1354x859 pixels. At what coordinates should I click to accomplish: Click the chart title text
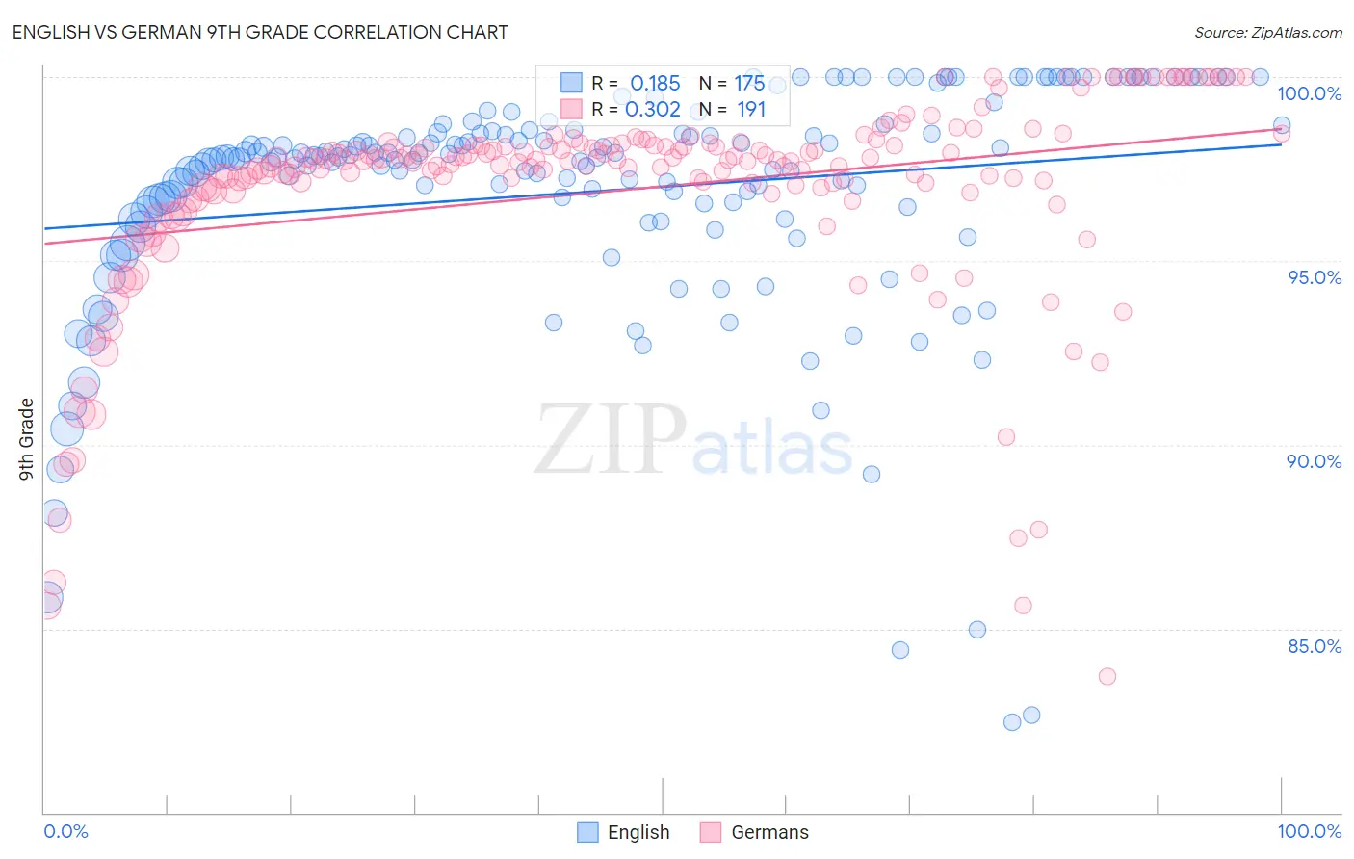pyautogui.click(x=260, y=32)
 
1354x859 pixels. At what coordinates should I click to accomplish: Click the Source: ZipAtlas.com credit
pyautogui.click(x=1267, y=33)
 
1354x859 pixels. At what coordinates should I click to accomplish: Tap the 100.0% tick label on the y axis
pyautogui.click(x=1309, y=93)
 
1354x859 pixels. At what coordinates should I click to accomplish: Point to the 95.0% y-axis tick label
pyautogui.click(x=1315, y=277)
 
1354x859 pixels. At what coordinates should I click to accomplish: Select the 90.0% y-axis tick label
pyautogui.click(x=1314, y=461)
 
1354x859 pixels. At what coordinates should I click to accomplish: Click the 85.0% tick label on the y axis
pyautogui.click(x=1314, y=646)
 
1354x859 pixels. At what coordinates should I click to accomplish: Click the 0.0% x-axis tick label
pyautogui.click(x=65, y=831)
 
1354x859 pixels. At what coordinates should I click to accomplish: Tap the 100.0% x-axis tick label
pyautogui.click(x=1309, y=831)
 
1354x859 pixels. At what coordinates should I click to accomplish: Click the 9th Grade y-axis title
pyautogui.click(x=26, y=439)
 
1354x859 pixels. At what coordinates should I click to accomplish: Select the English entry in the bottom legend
pyautogui.click(x=638, y=832)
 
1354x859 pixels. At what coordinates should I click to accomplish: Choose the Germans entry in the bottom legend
pyautogui.click(x=769, y=832)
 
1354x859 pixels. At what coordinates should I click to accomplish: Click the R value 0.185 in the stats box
pyautogui.click(x=655, y=84)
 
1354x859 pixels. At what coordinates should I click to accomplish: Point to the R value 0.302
pyautogui.click(x=653, y=110)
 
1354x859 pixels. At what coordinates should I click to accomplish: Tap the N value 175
pyautogui.click(x=749, y=84)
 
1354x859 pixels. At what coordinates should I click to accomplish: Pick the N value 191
pyautogui.click(x=751, y=110)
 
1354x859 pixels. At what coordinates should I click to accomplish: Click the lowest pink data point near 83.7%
pyautogui.click(x=1107, y=676)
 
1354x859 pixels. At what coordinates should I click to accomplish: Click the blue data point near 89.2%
pyautogui.click(x=872, y=474)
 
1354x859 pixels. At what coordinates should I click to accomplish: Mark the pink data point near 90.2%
pyautogui.click(x=1006, y=437)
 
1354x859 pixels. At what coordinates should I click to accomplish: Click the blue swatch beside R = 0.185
pyautogui.click(x=571, y=83)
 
